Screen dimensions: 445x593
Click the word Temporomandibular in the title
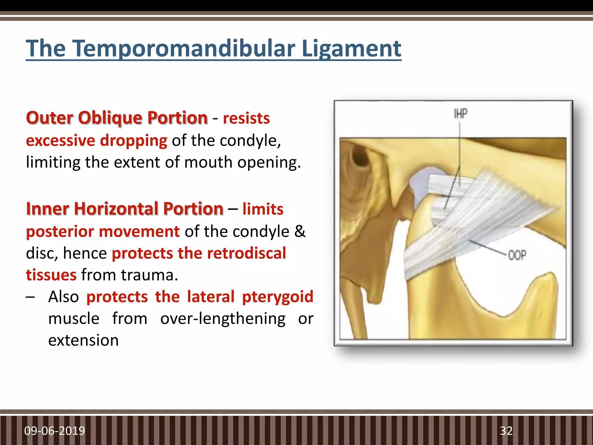pos(184,48)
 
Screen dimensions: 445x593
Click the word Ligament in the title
pos(351,48)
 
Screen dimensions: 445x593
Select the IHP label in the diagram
pos(460,114)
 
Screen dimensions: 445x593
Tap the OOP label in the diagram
pos(517,255)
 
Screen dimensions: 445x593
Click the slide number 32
pos(506,431)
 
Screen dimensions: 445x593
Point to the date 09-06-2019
pos(54,431)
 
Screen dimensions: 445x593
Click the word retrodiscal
pos(246,253)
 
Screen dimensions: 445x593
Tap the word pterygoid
pos(277,297)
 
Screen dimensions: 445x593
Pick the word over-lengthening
pos(223,318)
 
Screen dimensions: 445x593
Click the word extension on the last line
pos(83,340)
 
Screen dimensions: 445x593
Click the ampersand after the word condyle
pos(300,231)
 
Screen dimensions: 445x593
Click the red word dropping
pos(133,141)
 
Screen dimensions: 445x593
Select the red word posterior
pos(60,231)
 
